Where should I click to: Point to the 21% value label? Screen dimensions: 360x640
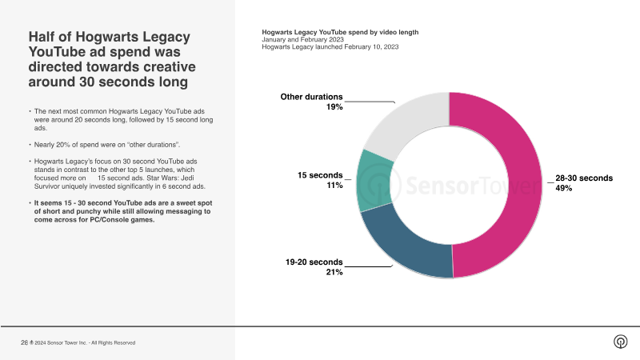coord(334,272)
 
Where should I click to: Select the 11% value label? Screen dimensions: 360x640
coord(334,185)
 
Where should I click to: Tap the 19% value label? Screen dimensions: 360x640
coord(334,106)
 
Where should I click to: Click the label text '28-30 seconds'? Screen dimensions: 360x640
coord(583,178)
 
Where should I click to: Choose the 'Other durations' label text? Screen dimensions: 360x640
coord(311,97)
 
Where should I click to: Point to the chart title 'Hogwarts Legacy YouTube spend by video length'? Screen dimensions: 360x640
coord(340,32)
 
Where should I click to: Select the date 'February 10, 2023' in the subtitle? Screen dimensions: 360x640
coord(371,47)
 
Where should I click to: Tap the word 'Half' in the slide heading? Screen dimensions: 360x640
coord(43,37)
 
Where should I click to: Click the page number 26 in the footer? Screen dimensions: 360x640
coord(23,342)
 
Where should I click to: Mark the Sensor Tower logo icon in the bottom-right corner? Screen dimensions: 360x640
coord(620,342)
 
